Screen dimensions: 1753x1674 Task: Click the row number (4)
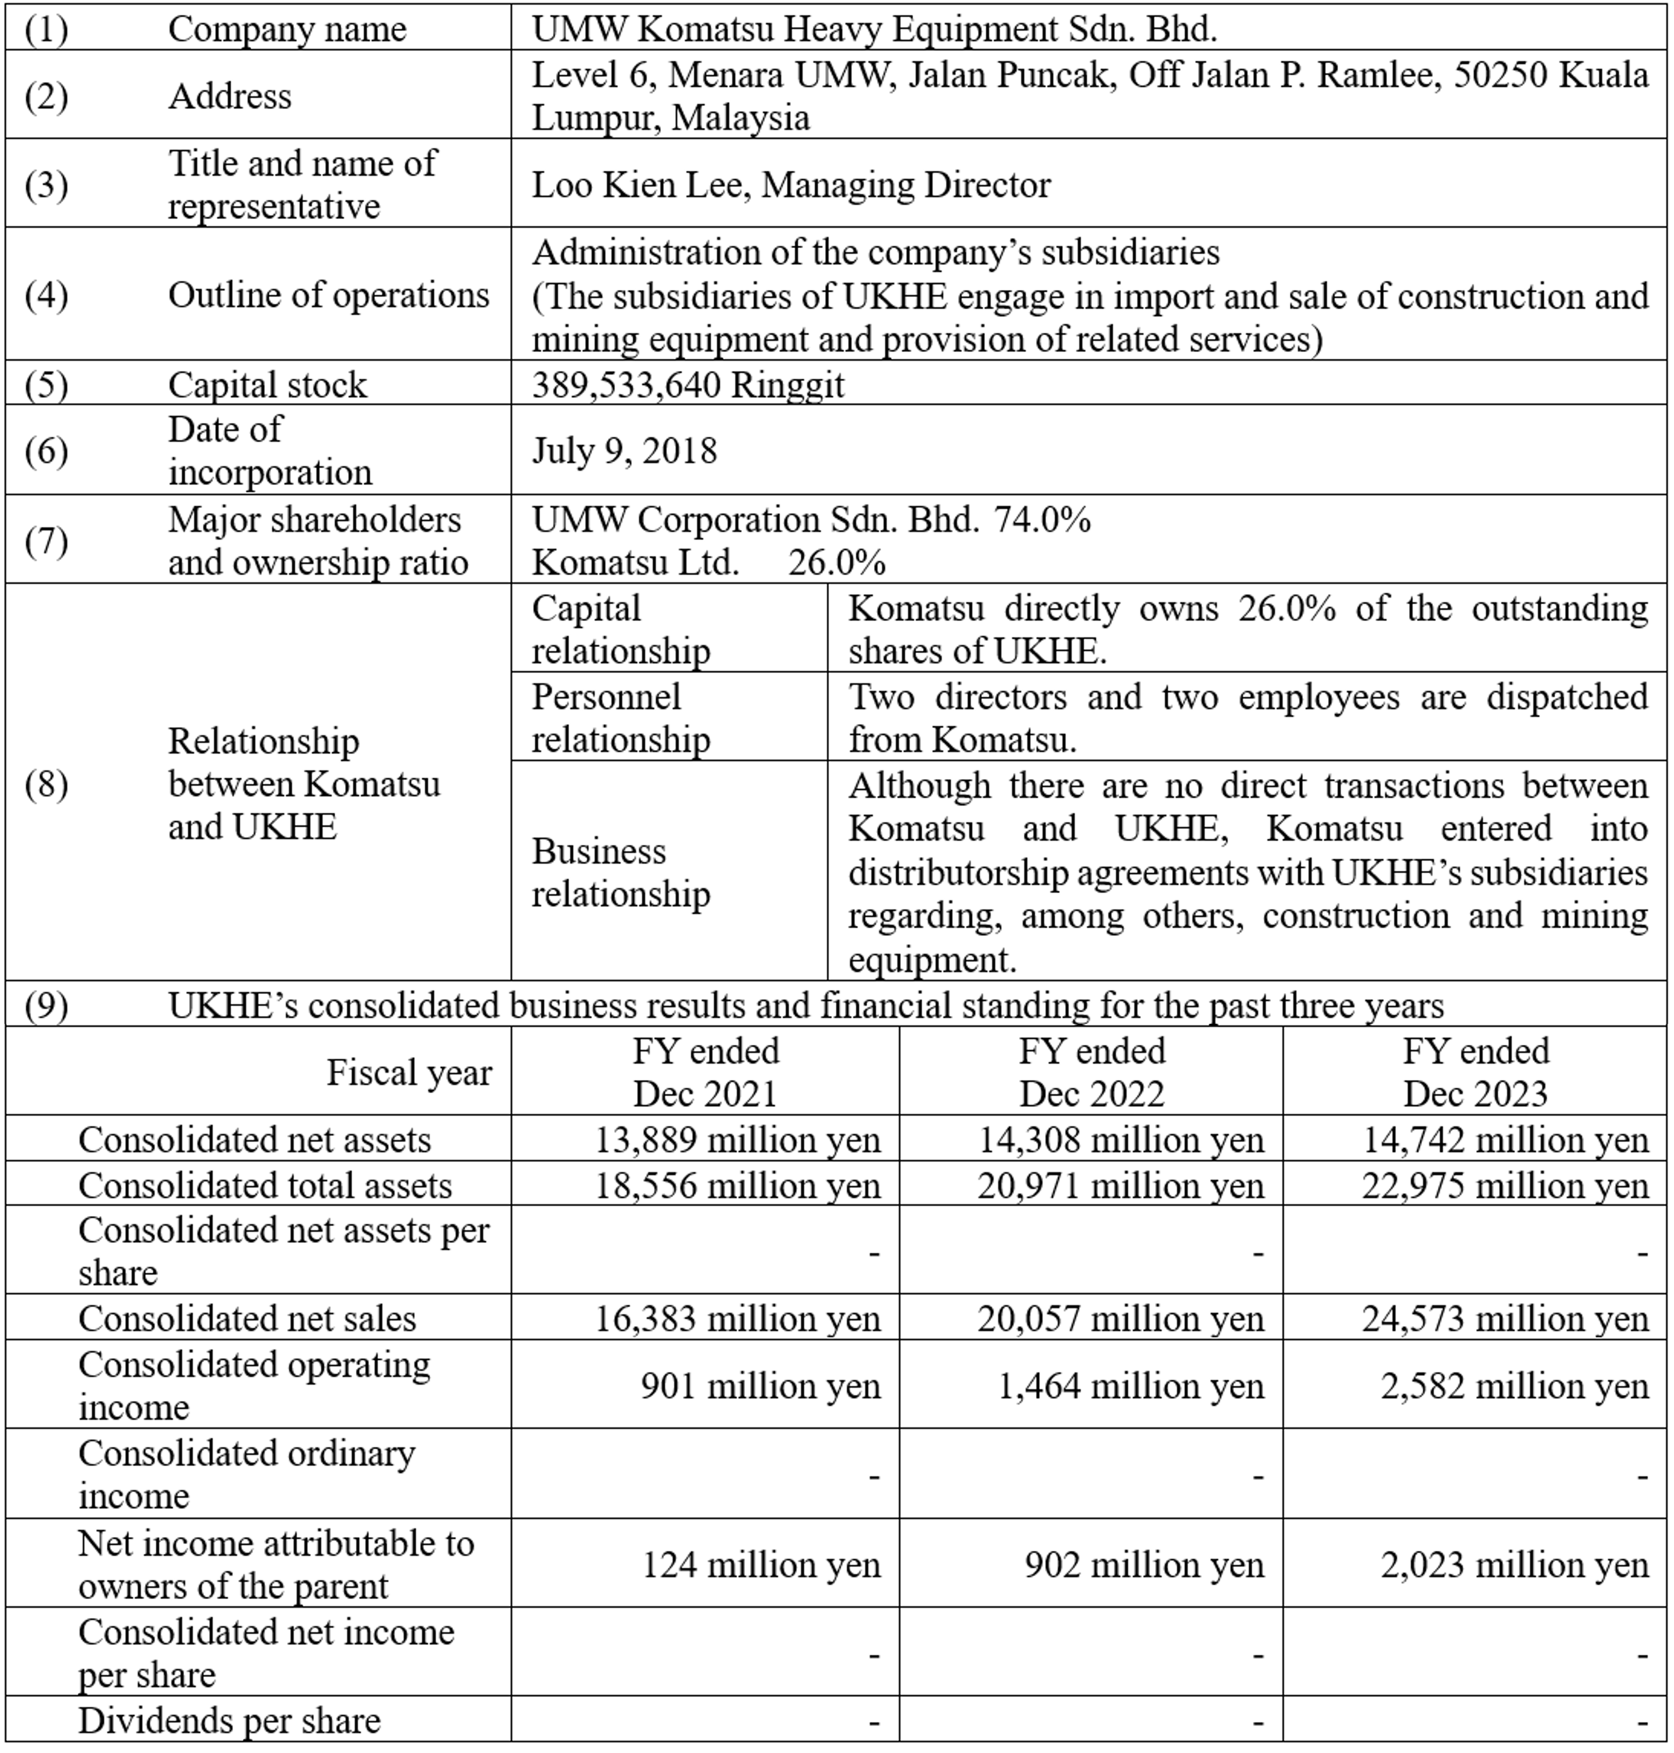coord(46,295)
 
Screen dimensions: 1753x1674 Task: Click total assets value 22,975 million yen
coord(1505,1186)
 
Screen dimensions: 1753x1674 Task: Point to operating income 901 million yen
coord(760,1385)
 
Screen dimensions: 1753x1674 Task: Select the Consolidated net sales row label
coord(247,1319)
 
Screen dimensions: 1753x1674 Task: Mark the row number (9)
coord(46,1005)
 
